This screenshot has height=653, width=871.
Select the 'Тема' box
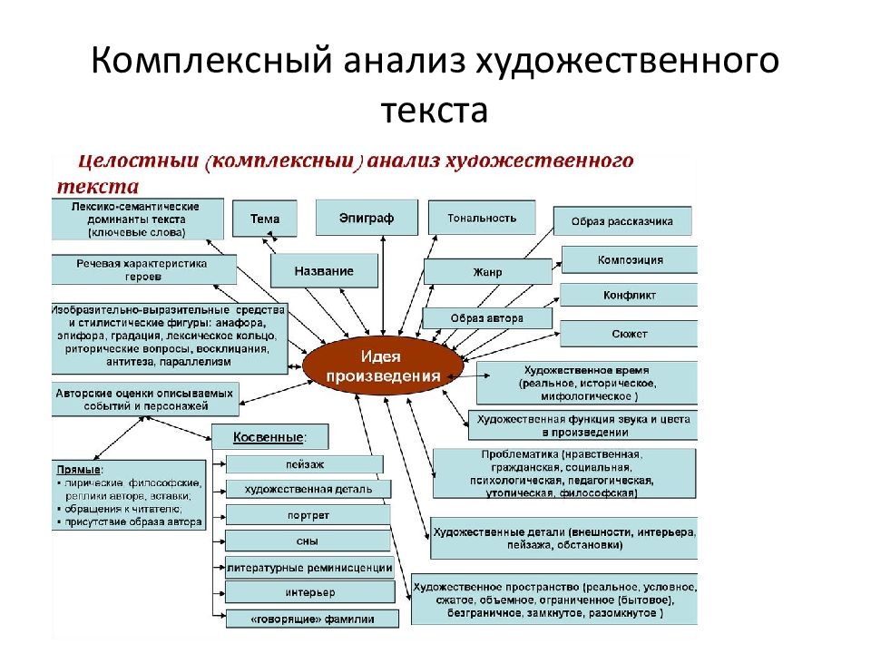tap(265, 219)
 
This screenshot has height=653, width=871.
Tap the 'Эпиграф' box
tap(366, 218)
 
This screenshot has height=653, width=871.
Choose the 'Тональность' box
tap(482, 218)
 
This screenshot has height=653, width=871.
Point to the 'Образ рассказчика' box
tap(621, 221)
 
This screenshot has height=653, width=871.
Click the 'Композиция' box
tap(630, 259)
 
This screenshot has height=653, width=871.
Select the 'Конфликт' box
tap(629, 296)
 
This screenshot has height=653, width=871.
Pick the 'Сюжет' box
tap(629, 334)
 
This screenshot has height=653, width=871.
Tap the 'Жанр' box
tap(487, 271)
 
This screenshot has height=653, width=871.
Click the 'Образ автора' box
tap(487, 318)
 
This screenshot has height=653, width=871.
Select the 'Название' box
tap(324, 270)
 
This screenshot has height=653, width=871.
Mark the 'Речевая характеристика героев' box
tap(143, 269)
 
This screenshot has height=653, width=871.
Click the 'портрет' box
tap(308, 515)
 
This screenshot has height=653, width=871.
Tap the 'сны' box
tap(308, 541)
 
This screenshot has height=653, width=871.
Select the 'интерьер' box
tap(309, 592)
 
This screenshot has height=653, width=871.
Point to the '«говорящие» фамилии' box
tap(312, 619)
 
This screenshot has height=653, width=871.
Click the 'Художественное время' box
tap(587, 384)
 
